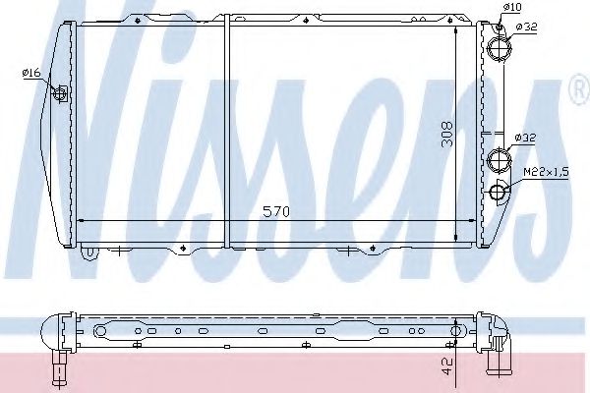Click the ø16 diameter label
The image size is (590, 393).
point(31,72)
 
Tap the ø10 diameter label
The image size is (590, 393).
point(512,7)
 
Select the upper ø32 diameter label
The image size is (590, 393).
point(526,28)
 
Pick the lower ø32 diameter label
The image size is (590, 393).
point(525,138)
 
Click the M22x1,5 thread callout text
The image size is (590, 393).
point(546,172)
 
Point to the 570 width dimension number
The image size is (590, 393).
point(276,212)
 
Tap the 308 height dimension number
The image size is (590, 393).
point(447,134)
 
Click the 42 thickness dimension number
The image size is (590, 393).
point(447,366)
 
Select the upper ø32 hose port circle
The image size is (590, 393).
point(500,48)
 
